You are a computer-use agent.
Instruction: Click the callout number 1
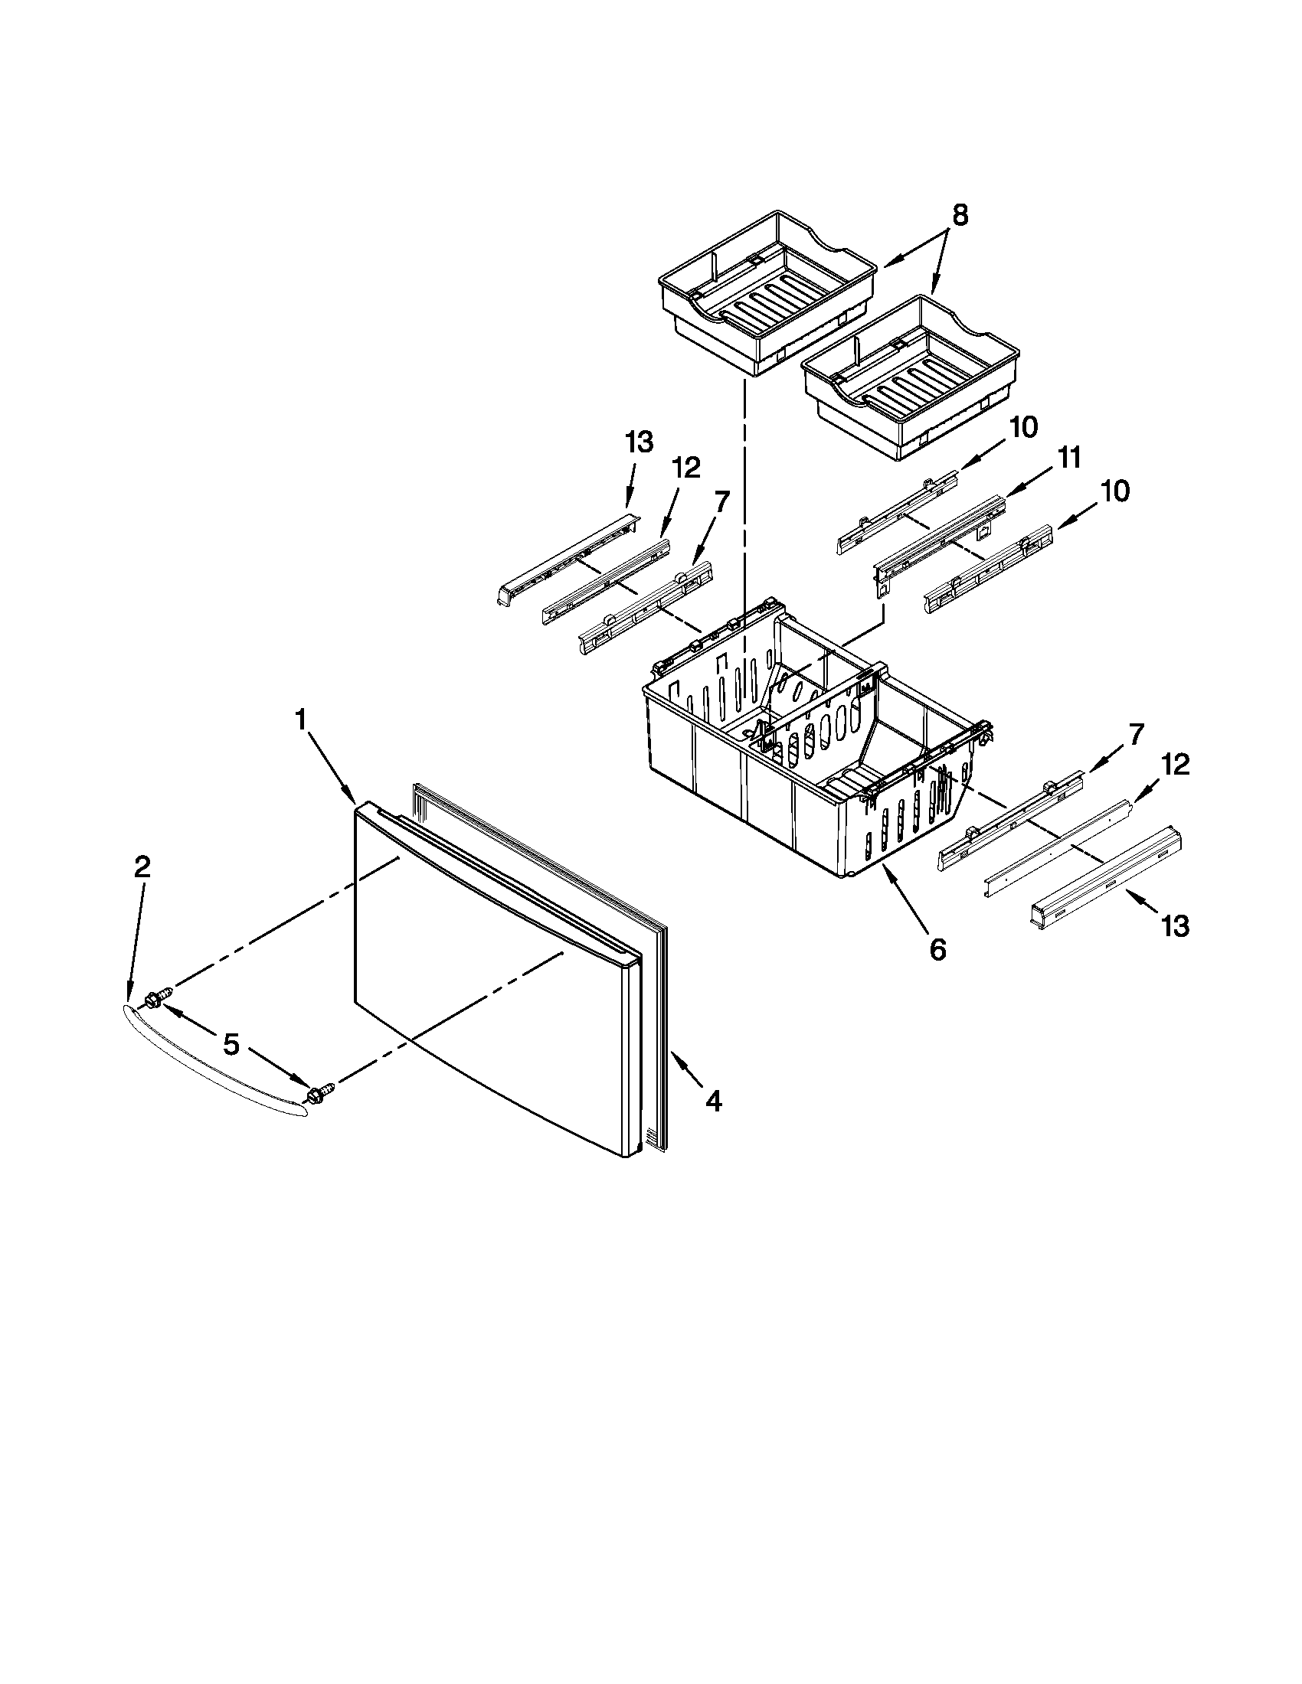pos(301,720)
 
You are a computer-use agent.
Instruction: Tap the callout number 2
pos(142,867)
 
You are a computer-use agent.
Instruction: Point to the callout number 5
pos(231,1046)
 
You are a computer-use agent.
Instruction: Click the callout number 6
pos(937,950)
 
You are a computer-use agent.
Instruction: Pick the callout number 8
pos(959,216)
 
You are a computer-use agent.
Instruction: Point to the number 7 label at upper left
pos(721,502)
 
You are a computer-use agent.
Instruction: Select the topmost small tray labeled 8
pos(767,293)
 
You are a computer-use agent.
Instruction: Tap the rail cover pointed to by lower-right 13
pos(1107,875)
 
